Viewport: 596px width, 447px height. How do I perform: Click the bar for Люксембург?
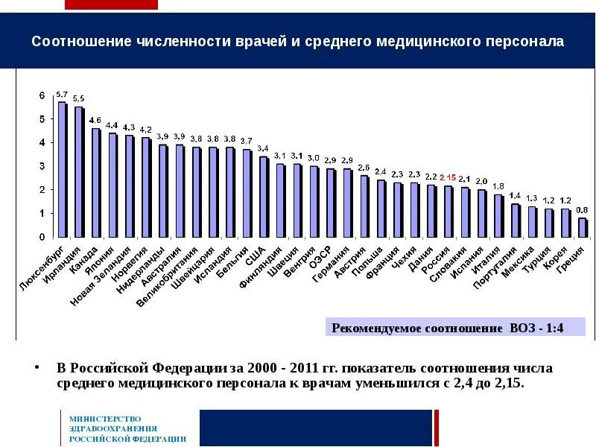[63, 169]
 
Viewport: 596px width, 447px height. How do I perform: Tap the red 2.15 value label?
[448, 178]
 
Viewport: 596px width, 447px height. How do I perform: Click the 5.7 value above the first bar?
[63, 95]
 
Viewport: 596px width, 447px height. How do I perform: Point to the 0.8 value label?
[583, 209]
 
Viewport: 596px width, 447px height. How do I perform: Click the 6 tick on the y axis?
[42, 95]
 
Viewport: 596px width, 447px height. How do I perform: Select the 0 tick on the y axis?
[42, 237]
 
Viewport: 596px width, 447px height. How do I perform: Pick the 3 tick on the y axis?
[42, 166]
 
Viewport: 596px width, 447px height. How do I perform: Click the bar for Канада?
[96, 183]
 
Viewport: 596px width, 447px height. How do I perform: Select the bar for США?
[264, 197]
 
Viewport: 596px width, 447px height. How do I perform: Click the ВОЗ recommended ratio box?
[455, 328]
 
